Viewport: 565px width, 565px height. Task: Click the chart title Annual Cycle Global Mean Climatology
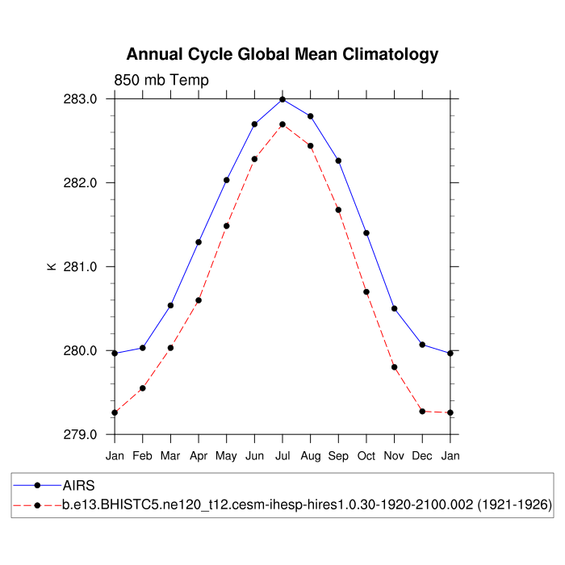tap(282, 55)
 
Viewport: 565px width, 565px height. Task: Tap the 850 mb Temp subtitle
tap(161, 80)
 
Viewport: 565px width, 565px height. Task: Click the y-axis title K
tap(52, 266)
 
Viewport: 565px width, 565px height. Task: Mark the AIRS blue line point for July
tap(282, 99)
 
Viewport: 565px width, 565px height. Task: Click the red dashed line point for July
tap(282, 124)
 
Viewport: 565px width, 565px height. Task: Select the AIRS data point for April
tap(199, 242)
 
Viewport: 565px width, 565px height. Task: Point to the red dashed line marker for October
tap(366, 292)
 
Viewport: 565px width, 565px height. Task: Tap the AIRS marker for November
tap(394, 308)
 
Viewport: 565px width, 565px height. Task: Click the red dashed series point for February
tap(143, 388)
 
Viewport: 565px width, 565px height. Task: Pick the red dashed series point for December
tap(422, 412)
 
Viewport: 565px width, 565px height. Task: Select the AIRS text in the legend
tap(79, 486)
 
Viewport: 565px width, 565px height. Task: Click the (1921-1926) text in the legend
tap(515, 505)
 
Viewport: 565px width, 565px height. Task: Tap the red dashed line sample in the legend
tap(37, 505)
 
